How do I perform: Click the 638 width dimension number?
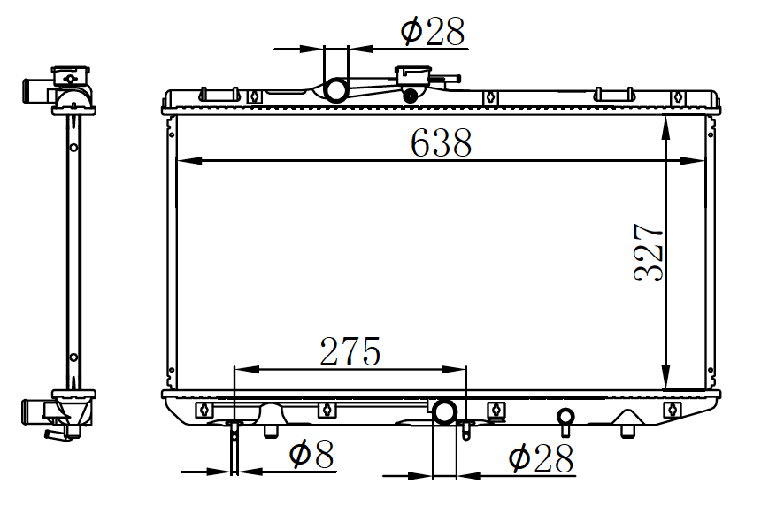pos(441,143)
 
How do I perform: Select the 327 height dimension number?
pos(649,252)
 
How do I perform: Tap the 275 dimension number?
pos(350,351)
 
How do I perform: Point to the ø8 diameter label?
pos(311,454)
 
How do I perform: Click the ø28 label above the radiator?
pos(433,31)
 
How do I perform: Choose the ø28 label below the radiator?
pos(541,458)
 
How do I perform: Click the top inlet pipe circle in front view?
pos(335,89)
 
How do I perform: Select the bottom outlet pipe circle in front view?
pos(444,412)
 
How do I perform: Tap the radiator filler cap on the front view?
pos(413,77)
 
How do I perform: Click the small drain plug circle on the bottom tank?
pos(565,416)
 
